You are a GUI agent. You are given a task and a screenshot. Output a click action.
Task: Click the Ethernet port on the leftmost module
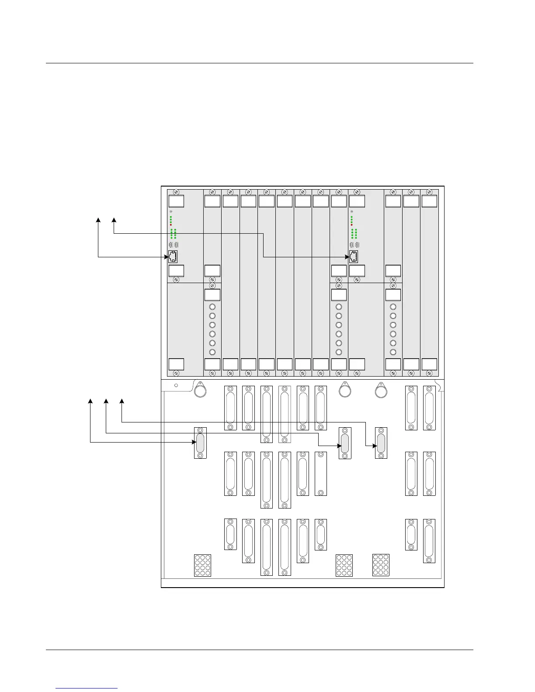click(x=173, y=257)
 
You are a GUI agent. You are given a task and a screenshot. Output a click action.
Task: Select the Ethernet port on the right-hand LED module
click(x=354, y=257)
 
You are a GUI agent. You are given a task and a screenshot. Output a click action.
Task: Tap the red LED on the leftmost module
click(x=170, y=225)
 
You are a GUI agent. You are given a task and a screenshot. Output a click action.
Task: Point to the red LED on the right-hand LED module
click(x=351, y=225)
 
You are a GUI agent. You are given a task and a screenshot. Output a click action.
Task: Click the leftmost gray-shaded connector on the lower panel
click(x=200, y=443)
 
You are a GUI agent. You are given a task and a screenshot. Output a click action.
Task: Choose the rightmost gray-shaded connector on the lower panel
click(x=381, y=443)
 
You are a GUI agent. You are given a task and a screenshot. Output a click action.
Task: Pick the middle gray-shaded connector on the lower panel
click(x=345, y=443)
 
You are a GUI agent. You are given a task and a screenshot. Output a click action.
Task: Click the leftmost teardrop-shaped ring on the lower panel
click(x=200, y=390)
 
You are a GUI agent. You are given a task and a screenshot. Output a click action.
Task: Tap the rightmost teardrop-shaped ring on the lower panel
click(x=381, y=390)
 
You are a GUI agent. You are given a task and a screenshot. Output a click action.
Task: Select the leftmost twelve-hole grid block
click(x=202, y=565)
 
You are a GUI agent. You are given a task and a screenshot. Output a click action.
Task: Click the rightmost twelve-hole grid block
click(x=381, y=565)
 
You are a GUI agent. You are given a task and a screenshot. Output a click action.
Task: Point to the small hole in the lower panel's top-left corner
click(x=176, y=385)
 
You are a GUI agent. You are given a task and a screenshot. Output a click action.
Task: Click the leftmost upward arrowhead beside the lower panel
click(x=90, y=401)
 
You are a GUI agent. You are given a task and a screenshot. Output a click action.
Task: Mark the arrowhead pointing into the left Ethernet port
click(x=166, y=257)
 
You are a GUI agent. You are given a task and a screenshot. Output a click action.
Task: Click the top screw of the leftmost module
click(x=176, y=192)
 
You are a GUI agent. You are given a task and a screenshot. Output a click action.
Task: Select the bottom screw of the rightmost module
click(x=429, y=373)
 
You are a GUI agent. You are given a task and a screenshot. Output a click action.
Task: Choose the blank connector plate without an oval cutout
click(x=321, y=474)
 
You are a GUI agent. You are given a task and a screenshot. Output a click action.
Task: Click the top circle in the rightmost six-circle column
click(x=393, y=307)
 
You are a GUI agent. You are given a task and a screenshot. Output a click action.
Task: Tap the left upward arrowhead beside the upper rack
click(x=98, y=220)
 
